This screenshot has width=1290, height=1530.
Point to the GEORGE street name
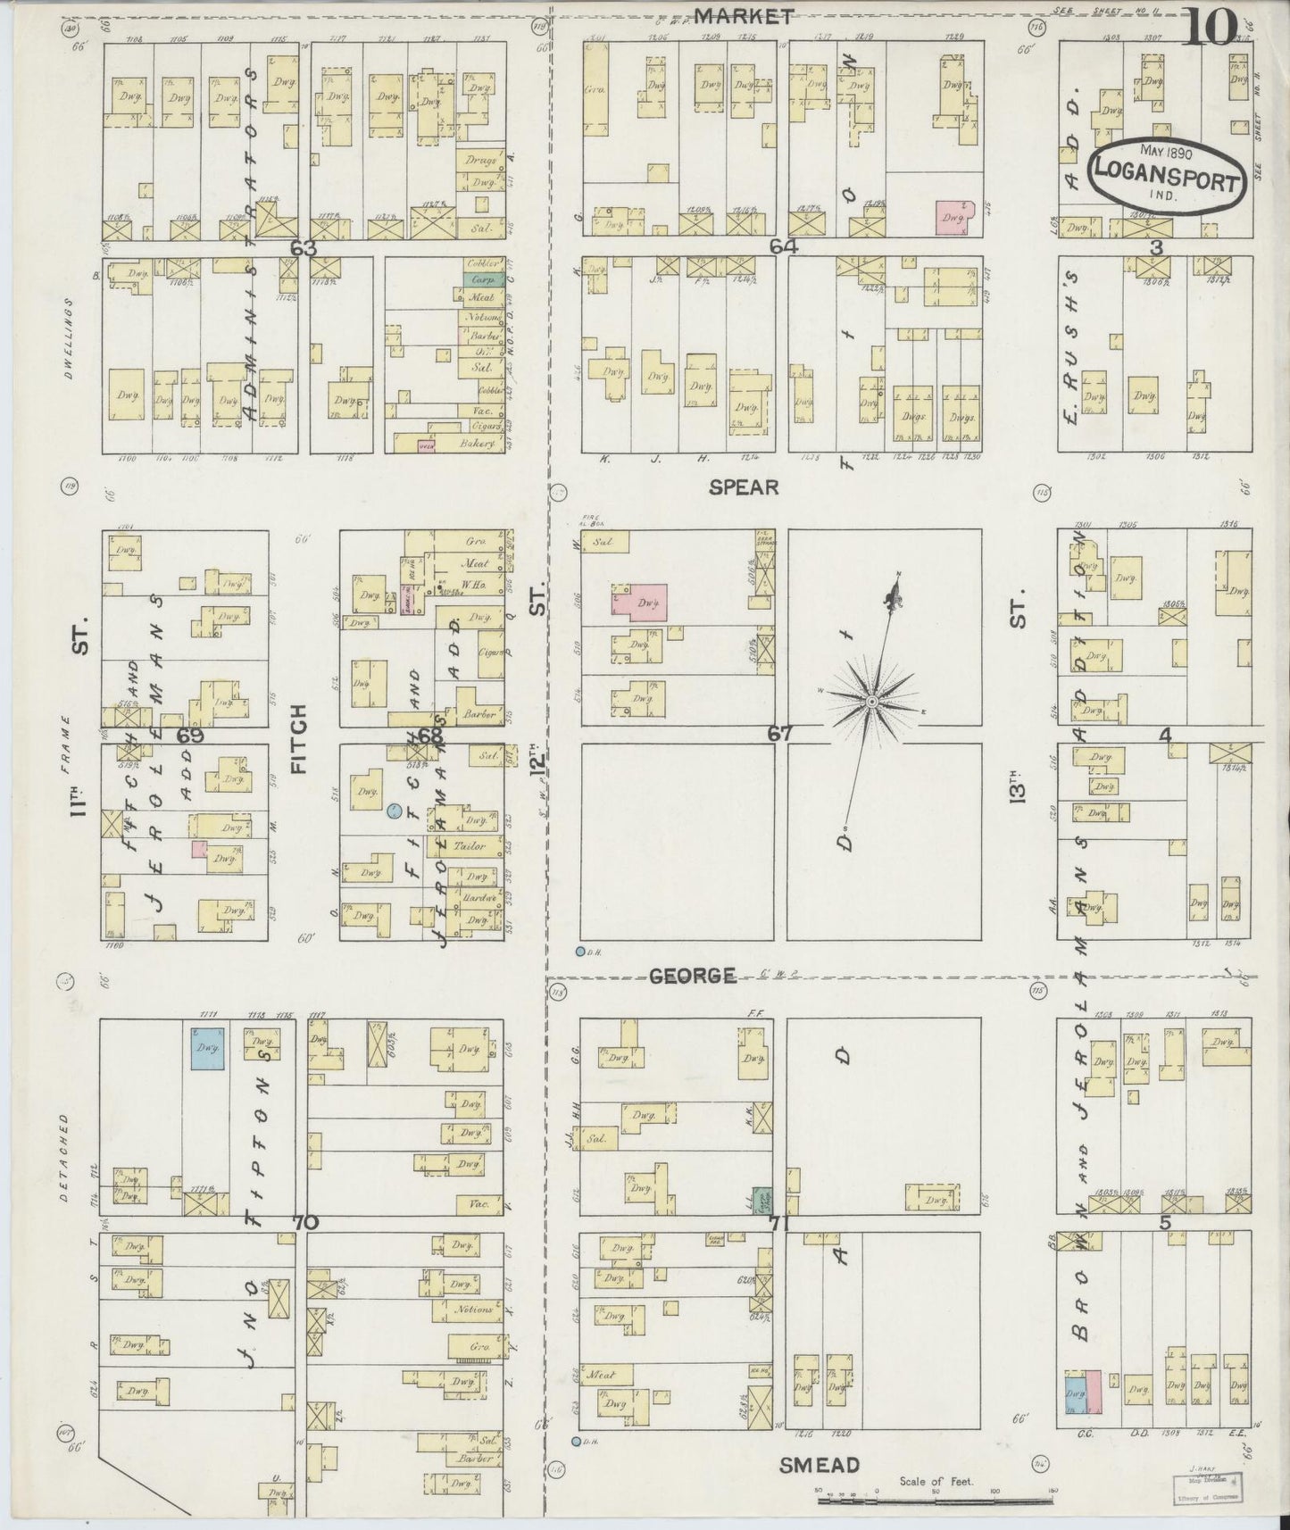click(x=693, y=976)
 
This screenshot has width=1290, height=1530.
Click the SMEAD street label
click(x=819, y=1466)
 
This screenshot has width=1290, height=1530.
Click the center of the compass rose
click(x=870, y=703)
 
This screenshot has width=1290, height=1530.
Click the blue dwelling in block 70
click(x=206, y=1049)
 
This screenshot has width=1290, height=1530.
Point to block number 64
click(x=783, y=246)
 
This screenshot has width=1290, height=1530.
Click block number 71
click(x=779, y=1225)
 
